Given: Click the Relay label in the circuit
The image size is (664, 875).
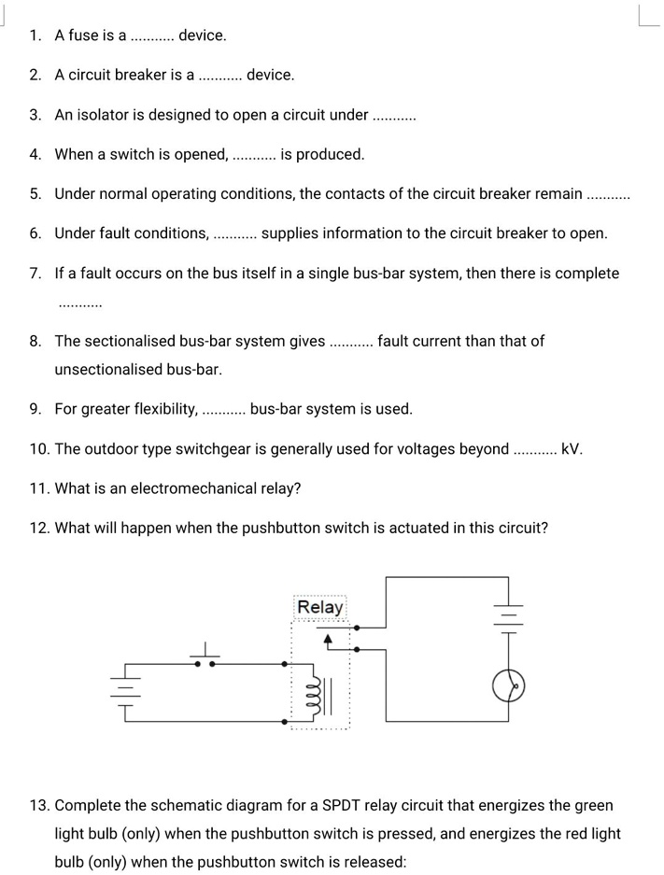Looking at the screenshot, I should pos(320,608).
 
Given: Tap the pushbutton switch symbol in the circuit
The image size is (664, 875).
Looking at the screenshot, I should pos(205,658).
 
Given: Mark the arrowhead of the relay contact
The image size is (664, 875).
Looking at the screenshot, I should pos(328,638).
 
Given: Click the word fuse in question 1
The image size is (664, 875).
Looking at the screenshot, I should pos(83,35).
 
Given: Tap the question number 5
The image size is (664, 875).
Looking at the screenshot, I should pos(35,194).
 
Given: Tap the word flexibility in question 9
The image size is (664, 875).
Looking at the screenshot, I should pos(159,409).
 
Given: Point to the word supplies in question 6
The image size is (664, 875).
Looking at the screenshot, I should pos(291,233).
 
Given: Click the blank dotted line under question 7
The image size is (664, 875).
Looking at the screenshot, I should pos(79,304).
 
